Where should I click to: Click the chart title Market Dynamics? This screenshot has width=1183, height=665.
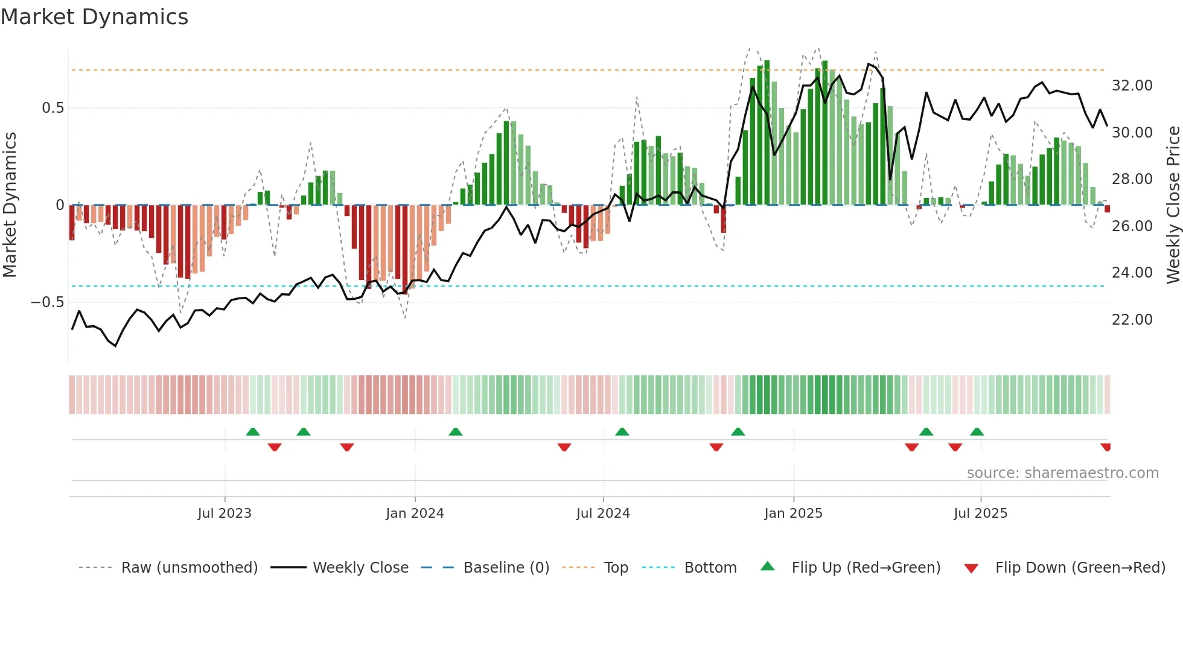coord(94,17)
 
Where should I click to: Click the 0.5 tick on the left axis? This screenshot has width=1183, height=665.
coord(53,108)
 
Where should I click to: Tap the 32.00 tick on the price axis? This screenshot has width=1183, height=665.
coord(1132,86)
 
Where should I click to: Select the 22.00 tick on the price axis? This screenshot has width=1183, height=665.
coord(1132,319)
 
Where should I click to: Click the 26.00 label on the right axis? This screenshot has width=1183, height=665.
coord(1132,226)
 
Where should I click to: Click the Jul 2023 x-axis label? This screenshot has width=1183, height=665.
coord(225,513)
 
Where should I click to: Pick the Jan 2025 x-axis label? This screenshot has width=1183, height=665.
coord(793,513)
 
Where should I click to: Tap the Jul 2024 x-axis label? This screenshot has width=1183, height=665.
coord(603,513)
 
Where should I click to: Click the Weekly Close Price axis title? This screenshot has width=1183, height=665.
coord(1173,205)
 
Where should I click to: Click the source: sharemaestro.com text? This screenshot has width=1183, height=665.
coord(1062,472)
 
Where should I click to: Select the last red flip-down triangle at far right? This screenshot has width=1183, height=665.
coord(1105,447)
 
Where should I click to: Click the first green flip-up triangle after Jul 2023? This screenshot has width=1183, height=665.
coord(253,431)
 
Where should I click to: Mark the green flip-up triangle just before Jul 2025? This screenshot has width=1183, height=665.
coord(977,431)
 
